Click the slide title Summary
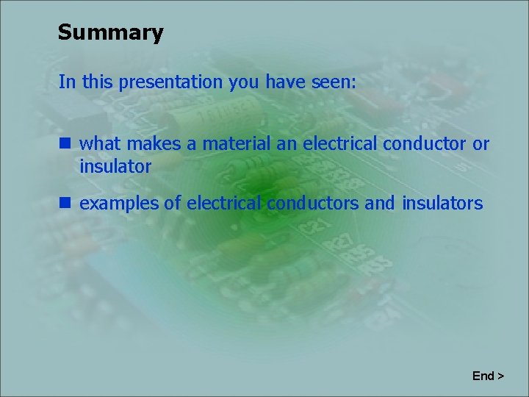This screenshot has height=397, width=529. point(110,33)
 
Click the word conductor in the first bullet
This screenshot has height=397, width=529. point(424,143)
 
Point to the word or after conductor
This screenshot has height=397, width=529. point(481,143)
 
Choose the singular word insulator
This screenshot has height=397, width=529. point(115,167)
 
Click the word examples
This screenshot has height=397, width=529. point(118,204)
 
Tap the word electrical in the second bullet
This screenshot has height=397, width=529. point(224,203)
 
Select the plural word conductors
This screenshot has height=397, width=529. point(313,203)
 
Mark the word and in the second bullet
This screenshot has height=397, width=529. point(379,203)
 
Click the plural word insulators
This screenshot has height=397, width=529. point(442,203)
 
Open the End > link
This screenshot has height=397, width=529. point(488,376)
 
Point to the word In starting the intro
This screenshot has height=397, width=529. point(67,82)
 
